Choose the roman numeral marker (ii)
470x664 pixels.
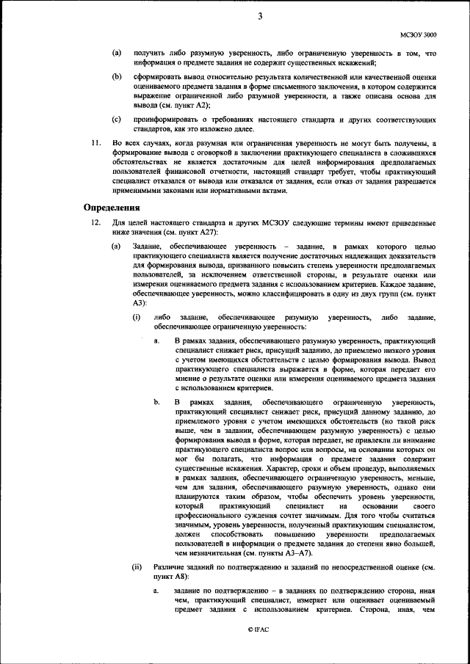137,566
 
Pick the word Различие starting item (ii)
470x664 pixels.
172,566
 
